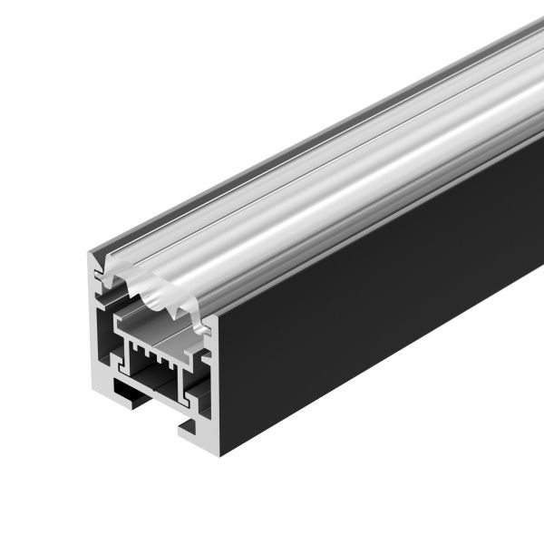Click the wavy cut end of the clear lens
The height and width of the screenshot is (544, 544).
pos(154,286)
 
